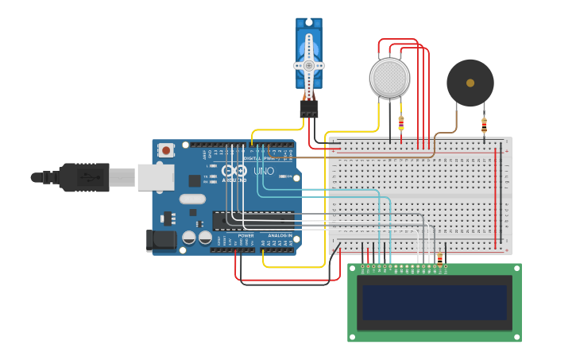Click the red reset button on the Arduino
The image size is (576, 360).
click(166, 149)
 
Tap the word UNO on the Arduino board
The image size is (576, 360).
click(263, 171)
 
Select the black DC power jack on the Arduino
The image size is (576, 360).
click(161, 241)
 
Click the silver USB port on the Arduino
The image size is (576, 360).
click(155, 177)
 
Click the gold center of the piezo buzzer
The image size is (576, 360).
click(470, 83)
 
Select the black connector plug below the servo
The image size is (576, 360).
click(309, 109)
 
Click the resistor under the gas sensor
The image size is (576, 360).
click(400, 123)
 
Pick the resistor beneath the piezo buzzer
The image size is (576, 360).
click(484, 124)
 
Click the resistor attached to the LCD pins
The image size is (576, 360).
click(440, 258)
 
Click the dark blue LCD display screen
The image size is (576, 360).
click(435, 303)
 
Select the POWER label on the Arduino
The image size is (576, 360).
click(246, 236)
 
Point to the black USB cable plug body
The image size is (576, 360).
click(83, 177)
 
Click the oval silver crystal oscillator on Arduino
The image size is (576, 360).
click(192, 199)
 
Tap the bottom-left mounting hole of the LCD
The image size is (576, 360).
click(353, 337)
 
